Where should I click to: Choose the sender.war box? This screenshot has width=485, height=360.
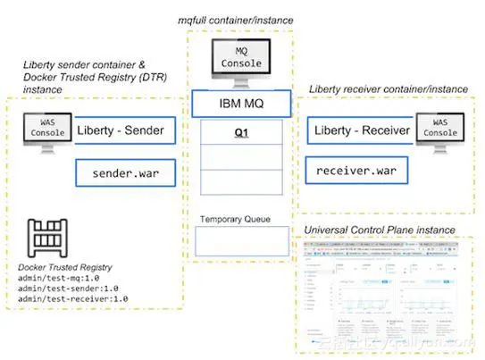(125, 172)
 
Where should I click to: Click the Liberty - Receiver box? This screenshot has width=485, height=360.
(361, 131)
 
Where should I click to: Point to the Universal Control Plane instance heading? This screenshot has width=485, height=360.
(380, 230)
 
